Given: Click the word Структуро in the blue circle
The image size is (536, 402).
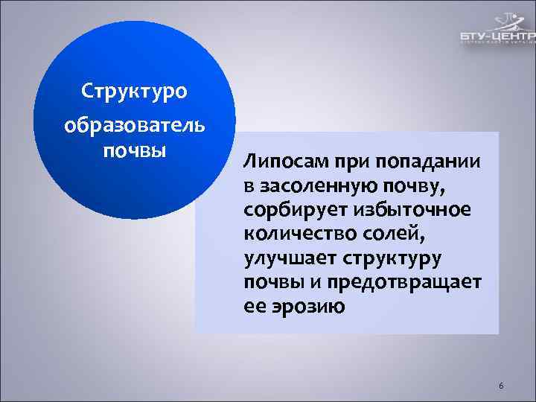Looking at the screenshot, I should (134, 93).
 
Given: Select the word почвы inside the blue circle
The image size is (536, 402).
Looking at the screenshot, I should (134, 150).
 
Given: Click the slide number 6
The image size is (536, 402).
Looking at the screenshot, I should (501, 386).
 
